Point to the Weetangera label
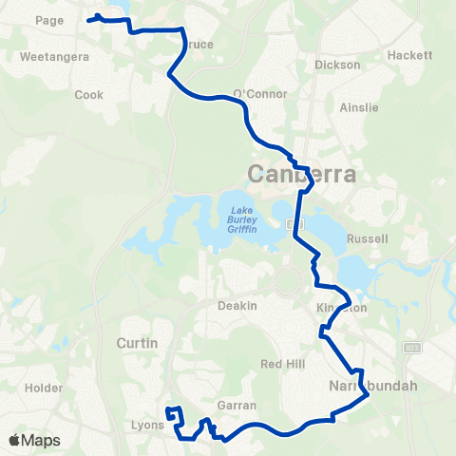pyautogui.click(x=54, y=57)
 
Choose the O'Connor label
pyautogui.click(x=253, y=93)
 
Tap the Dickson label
pyautogui.click(x=337, y=65)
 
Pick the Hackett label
pyautogui.click(x=409, y=56)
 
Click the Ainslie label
pyautogui.click(x=358, y=107)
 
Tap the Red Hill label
pyautogui.click(x=280, y=364)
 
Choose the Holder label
pyautogui.click(x=43, y=388)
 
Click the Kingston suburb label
pyautogui.click(x=340, y=308)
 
